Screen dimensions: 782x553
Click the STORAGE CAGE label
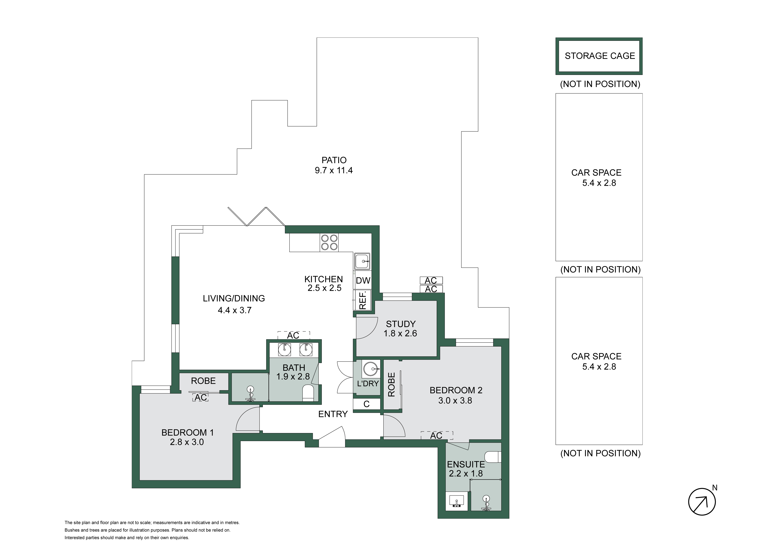[x=600, y=56]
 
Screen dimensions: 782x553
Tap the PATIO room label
[x=334, y=160]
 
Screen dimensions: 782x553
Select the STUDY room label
[x=401, y=324]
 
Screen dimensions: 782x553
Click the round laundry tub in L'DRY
[x=370, y=369]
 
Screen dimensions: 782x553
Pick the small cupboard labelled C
[x=366, y=404]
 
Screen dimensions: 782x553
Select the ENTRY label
[x=333, y=414]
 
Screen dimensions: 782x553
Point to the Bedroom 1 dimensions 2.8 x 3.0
[x=187, y=442]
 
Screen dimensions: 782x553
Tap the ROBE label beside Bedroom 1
[x=203, y=381]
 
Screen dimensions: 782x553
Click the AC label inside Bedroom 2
[x=436, y=435]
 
